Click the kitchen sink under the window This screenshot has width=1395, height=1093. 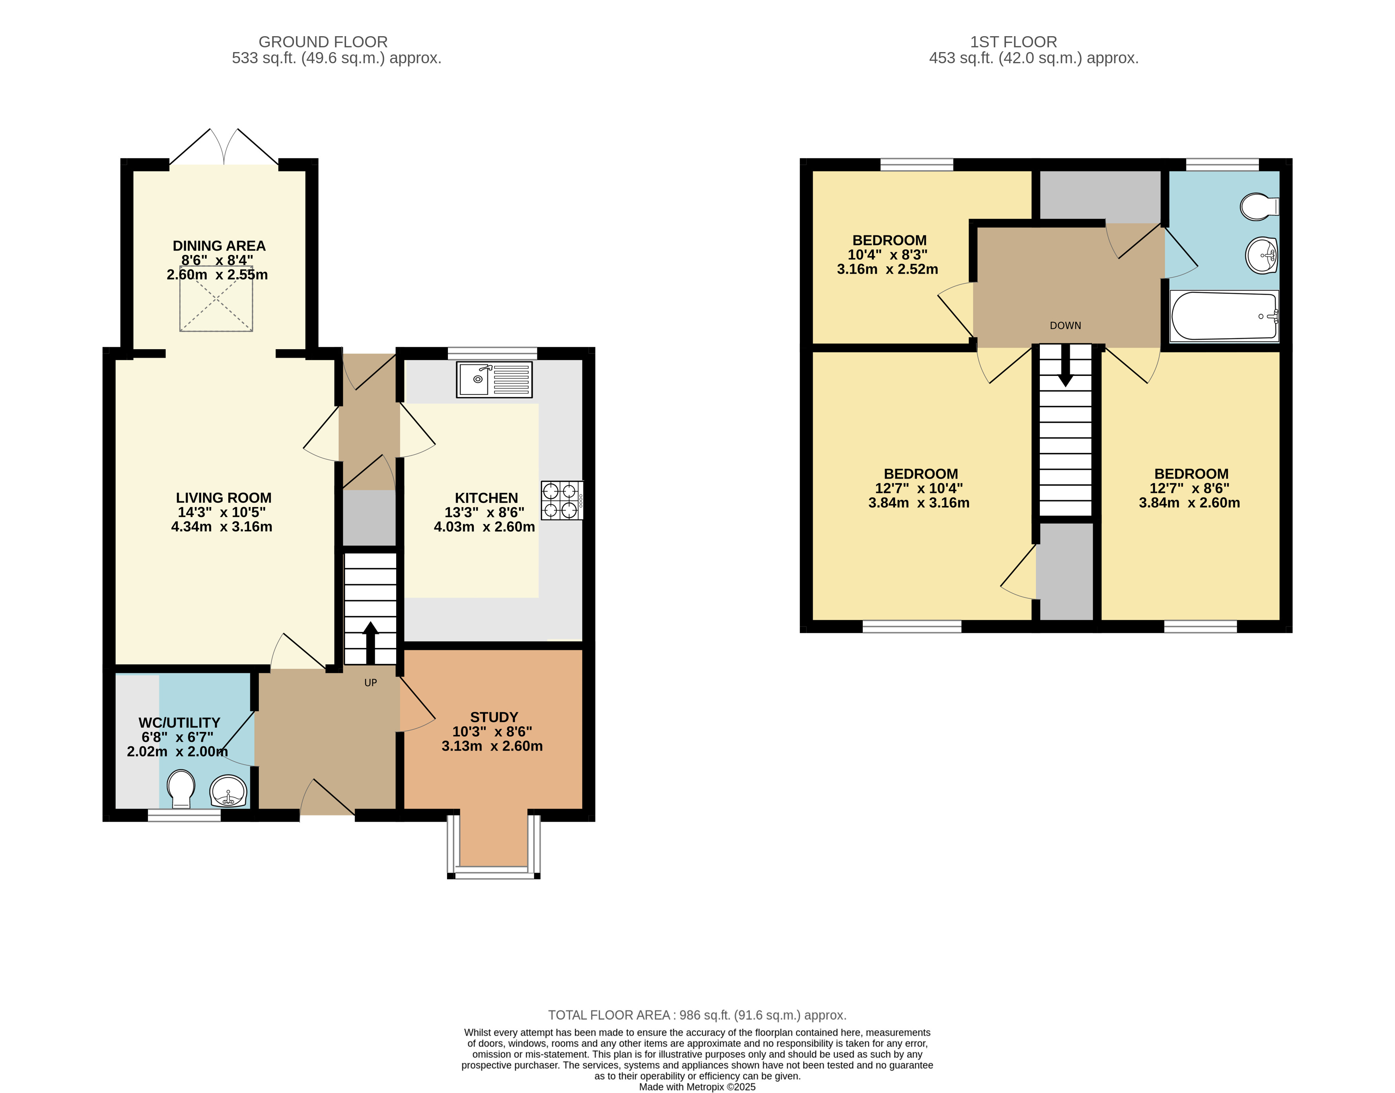(x=494, y=380)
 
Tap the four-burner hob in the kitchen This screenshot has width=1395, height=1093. (x=562, y=500)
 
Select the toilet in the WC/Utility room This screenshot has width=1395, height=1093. (x=181, y=789)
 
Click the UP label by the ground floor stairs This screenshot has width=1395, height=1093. (x=370, y=683)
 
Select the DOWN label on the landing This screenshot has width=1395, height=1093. (x=1066, y=326)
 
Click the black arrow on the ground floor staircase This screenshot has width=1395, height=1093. (x=370, y=642)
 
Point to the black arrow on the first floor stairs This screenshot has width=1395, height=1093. (x=1066, y=366)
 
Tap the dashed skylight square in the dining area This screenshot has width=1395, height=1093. (x=216, y=299)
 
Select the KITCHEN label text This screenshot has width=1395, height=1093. (x=486, y=498)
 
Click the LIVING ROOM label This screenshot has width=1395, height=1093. (x=223, y=498)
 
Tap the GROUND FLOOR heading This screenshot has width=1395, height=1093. (x=323, y=42)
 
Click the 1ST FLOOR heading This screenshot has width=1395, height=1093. (x=1014, y=42)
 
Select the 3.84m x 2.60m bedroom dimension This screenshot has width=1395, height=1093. (x=1190, y=503)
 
